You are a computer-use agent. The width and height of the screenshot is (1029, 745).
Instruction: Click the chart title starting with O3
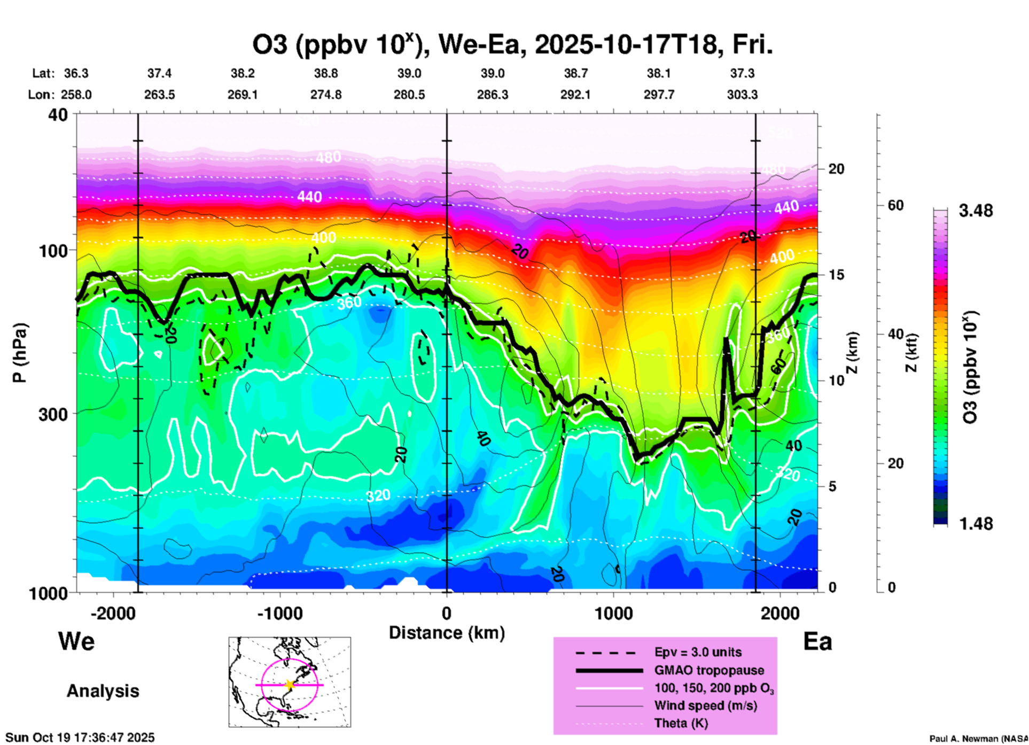coord(512,45)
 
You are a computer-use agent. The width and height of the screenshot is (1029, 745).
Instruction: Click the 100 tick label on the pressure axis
coord(53,251)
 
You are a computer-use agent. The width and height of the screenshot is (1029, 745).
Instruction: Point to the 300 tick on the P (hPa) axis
coord(53,414)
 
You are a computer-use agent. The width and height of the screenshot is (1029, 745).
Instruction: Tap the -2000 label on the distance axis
coord(113,614)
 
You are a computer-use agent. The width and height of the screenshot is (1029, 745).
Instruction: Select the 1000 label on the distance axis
coord(613,614)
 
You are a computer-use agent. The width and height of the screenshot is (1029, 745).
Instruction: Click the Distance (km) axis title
coord(447,633)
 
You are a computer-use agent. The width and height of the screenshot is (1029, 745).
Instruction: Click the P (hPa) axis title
coord(20,353)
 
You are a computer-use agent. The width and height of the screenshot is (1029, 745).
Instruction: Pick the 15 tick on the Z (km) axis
coord(836,275)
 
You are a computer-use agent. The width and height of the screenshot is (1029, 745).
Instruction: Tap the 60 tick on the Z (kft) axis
coord(895,205)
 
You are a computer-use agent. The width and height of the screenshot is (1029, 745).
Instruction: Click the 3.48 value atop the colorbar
coord(976,211)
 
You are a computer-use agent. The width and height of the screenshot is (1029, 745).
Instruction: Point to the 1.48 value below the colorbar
coord(976,524)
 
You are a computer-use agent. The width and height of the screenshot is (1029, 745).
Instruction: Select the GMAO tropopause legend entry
coord(709,670)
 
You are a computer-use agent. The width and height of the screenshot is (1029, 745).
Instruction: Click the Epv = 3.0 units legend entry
coord(698,652)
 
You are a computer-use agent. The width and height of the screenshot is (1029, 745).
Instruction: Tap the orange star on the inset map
coord(290,685)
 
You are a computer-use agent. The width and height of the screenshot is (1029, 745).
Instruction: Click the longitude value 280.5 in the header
coord(409,95)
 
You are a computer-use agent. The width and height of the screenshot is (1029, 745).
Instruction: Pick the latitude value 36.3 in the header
coord(76,73)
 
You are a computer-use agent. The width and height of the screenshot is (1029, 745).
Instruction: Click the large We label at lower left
coord(76,641)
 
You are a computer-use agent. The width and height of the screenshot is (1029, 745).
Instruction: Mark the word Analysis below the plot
coord(103,691)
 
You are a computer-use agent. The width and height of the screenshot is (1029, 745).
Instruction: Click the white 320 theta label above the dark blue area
coord(378,495)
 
